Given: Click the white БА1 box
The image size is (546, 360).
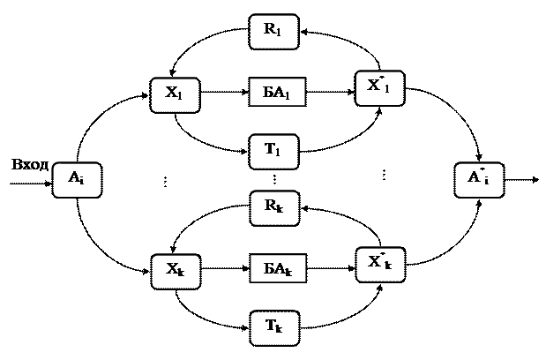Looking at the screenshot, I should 278,91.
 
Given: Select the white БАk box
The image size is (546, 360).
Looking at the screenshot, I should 278,267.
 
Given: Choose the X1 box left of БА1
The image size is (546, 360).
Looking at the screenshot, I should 173,94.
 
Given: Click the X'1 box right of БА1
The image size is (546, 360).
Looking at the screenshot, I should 378,86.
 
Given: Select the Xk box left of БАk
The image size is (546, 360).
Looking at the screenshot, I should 174,270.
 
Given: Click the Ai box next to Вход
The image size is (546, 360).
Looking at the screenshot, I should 76,179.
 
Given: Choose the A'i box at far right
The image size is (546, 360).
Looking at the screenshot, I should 478,179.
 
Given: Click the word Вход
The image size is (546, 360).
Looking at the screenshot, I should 29,164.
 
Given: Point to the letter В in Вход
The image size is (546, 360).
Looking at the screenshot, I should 14,164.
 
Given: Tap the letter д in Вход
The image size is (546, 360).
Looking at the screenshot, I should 43,165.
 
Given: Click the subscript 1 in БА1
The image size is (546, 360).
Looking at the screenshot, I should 291,94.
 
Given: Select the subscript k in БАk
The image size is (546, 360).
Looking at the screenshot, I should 291,270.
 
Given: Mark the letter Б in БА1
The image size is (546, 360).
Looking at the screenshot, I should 268,91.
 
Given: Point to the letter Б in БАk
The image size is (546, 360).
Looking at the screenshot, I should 268,267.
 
